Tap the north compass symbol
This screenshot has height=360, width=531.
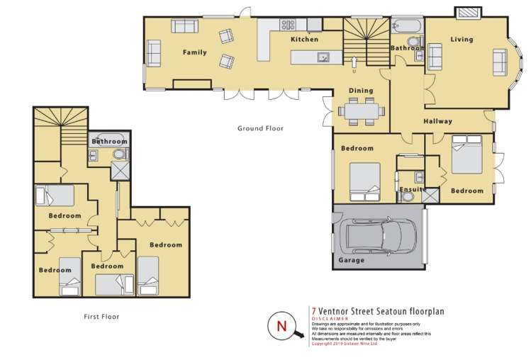(280, 327)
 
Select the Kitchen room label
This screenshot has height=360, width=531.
(304, 40)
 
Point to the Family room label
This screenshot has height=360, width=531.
(194, 52)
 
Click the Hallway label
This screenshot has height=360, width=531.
(437, 121)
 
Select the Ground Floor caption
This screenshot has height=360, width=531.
(260, 129)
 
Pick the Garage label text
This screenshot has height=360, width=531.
(351, 260)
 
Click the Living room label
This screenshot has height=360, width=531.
(462, 40)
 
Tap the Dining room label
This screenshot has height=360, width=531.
(360, 91)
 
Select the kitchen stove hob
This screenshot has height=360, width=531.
(288, 25)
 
